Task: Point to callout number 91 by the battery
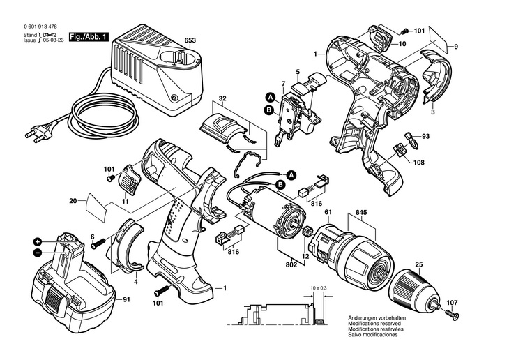pyautogui.click(x=126, y=301)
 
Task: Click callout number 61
pyautogui.click(x=327, y=213)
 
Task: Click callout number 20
pyautogui.click(x=73, y=202)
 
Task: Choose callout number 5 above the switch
pyautogui.click(x=297, y=72)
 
